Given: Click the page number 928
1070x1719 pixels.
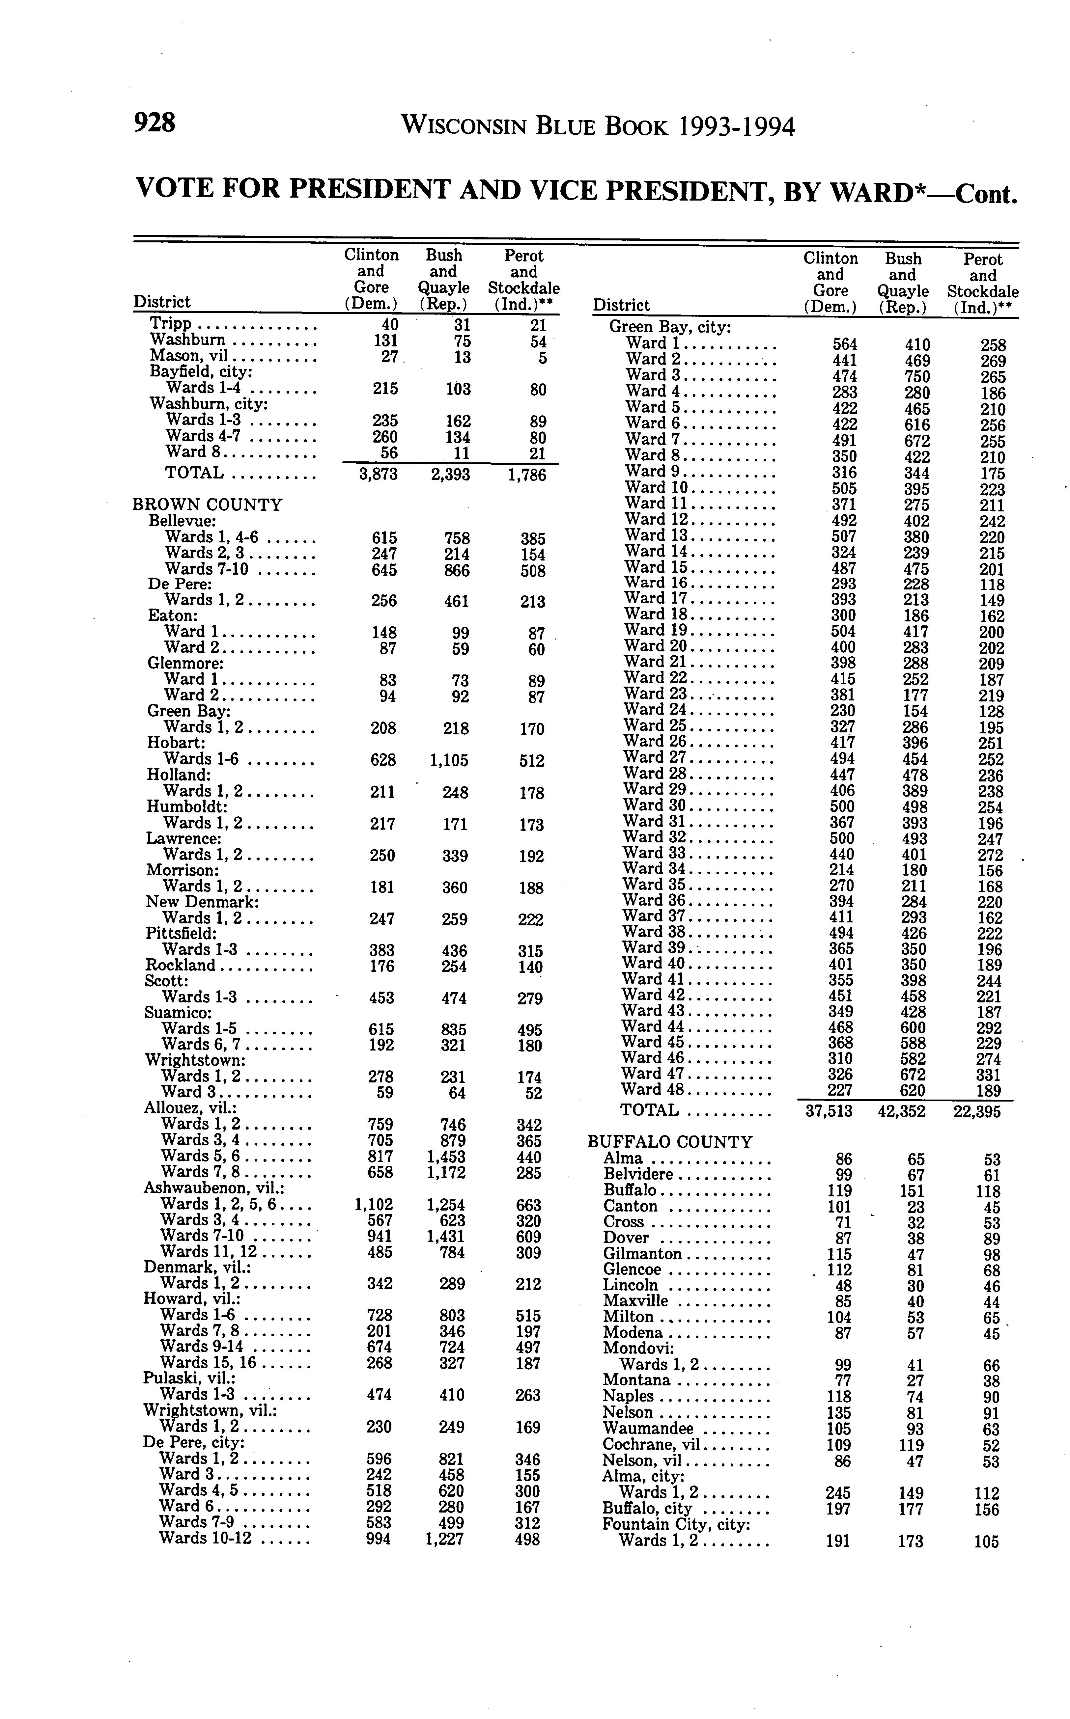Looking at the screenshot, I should (154, 123).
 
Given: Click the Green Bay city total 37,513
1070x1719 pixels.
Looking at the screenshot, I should (830, 1111).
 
